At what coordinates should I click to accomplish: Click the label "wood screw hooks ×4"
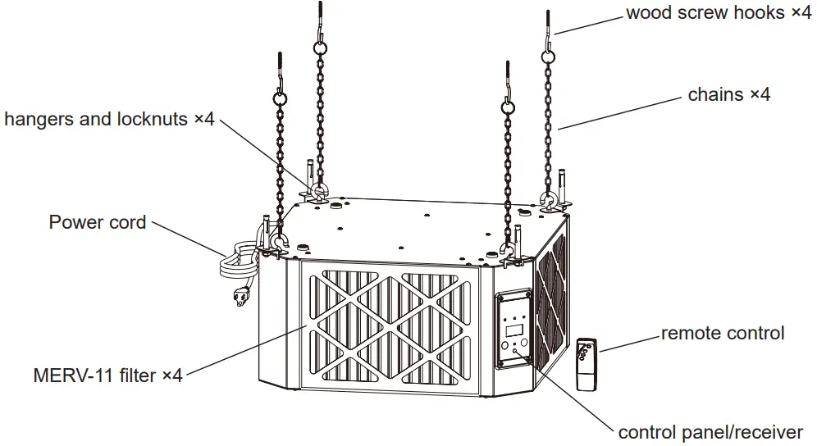click(718, 13)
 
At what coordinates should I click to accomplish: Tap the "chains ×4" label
click(728, 94)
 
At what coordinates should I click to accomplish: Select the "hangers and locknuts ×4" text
click(109, 120)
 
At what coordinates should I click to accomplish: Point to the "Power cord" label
click(98, 222)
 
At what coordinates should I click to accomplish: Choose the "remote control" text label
click(722, 333)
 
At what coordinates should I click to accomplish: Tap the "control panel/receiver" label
click(710, 432)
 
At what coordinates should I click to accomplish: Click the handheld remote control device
click(586, 364)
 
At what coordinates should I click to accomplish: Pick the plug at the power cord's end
click(241, 295)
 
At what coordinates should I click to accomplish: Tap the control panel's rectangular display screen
click(513, 330)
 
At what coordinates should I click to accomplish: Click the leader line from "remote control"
click(628, 342)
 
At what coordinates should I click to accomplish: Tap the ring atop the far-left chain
click(279, 98)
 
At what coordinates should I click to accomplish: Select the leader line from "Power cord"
click(187, 237)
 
